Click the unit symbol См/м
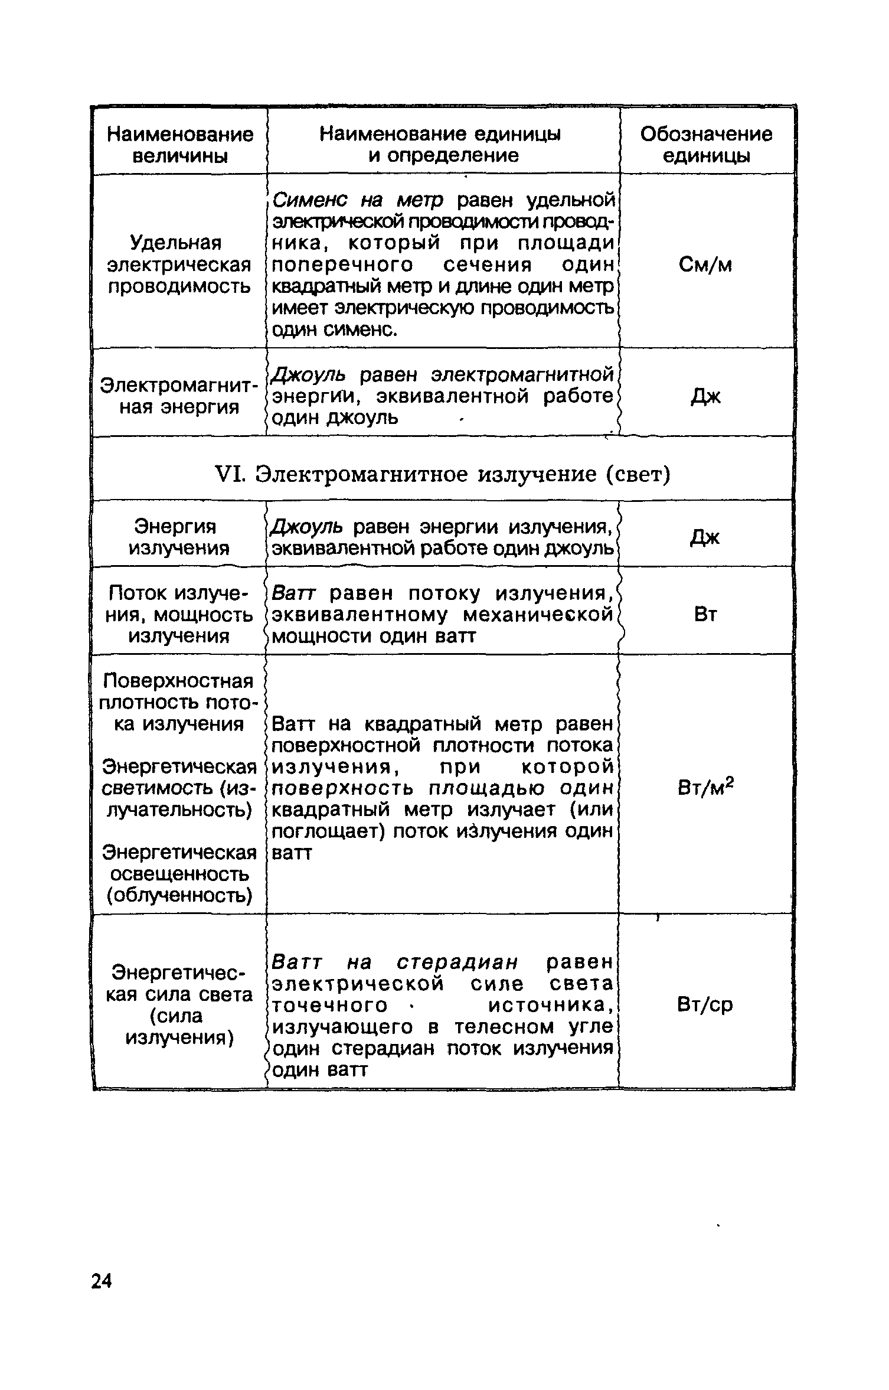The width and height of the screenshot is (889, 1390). (705, 265)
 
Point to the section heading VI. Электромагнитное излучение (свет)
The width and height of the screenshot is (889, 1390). (463, 474)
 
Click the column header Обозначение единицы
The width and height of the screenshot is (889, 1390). (706, 145)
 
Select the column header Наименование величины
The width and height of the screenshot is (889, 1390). (180, 145)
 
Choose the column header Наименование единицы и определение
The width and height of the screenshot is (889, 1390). (440, 145)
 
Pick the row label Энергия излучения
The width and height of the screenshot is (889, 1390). (179, 537)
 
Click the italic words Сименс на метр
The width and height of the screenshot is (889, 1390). (358, 201)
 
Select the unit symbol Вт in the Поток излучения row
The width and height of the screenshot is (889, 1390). (705, 615)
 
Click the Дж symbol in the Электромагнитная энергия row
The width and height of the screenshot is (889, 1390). (705, 397)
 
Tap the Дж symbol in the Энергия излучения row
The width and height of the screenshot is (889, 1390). (705, 537)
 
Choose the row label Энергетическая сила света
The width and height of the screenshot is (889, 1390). (179, 1004)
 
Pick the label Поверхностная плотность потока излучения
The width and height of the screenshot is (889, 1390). (179, 702)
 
